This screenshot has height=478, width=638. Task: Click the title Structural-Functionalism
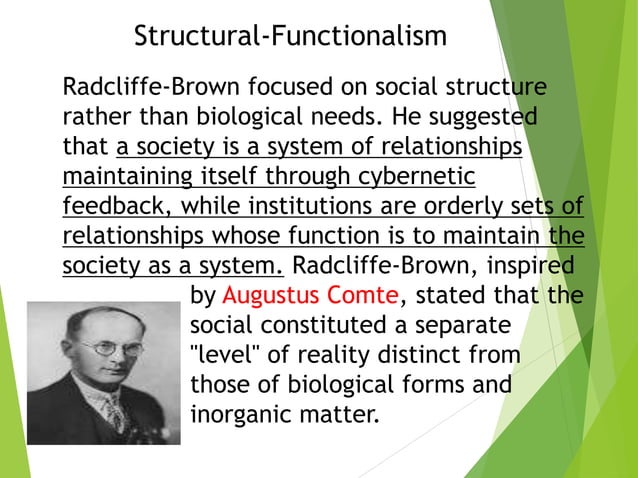[290, 37]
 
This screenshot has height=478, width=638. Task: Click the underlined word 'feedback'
[107, 208]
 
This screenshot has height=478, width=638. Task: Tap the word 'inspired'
[531, 267]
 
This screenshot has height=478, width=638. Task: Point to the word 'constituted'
[319, 326]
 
